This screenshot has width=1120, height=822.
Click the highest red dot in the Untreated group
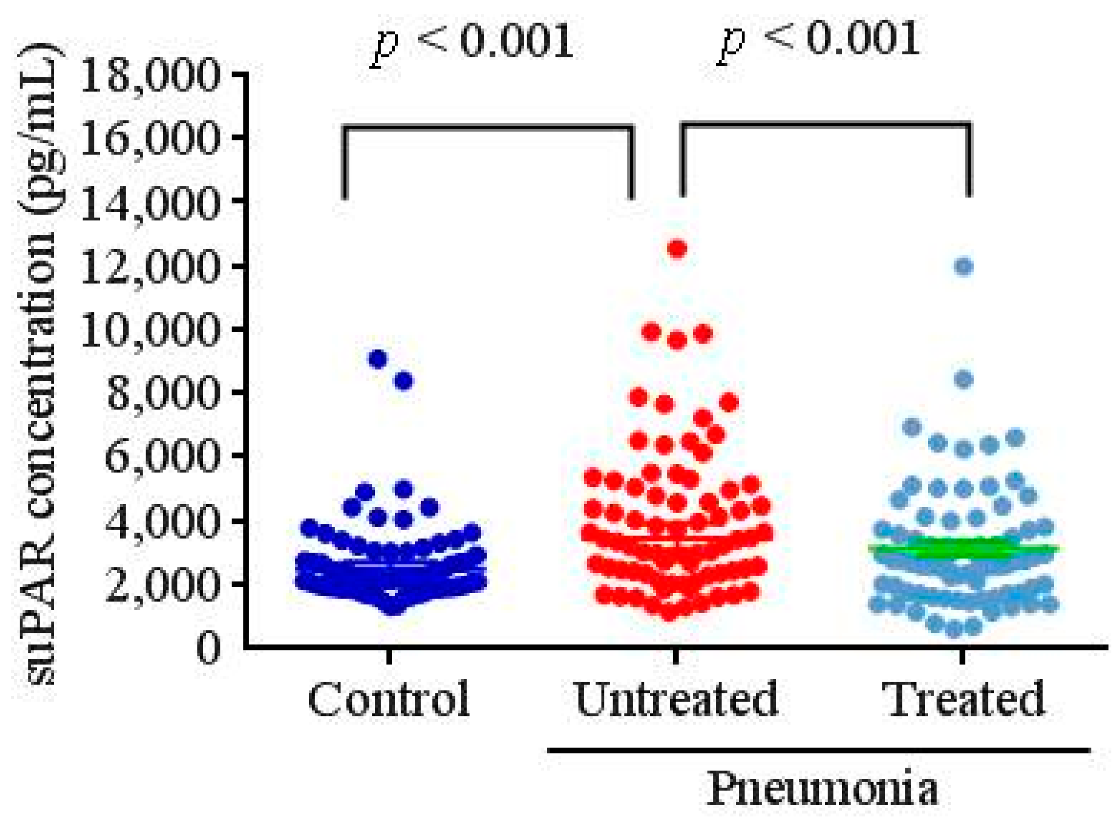[677, 249]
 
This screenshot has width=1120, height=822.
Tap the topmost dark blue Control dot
[379, 359]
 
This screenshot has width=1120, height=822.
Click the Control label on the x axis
[388, 699]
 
